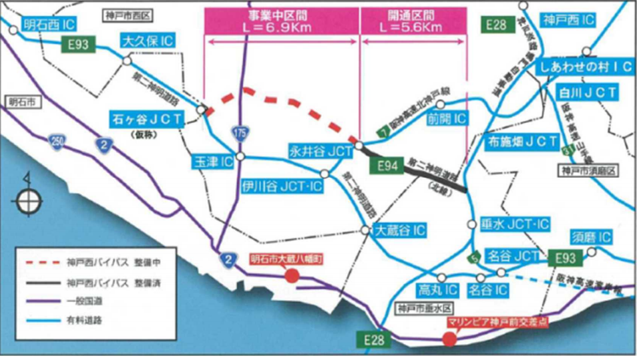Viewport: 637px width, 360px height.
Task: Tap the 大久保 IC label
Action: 148,41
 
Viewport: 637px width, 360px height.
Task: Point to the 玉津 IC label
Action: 212,162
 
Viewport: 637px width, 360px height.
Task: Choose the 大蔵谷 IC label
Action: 400,230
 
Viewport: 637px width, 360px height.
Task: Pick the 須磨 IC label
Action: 591,237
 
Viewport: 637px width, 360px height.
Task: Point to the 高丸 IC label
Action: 425,291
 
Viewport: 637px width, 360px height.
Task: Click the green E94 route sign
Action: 387,165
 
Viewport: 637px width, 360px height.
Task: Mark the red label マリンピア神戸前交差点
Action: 489,322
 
